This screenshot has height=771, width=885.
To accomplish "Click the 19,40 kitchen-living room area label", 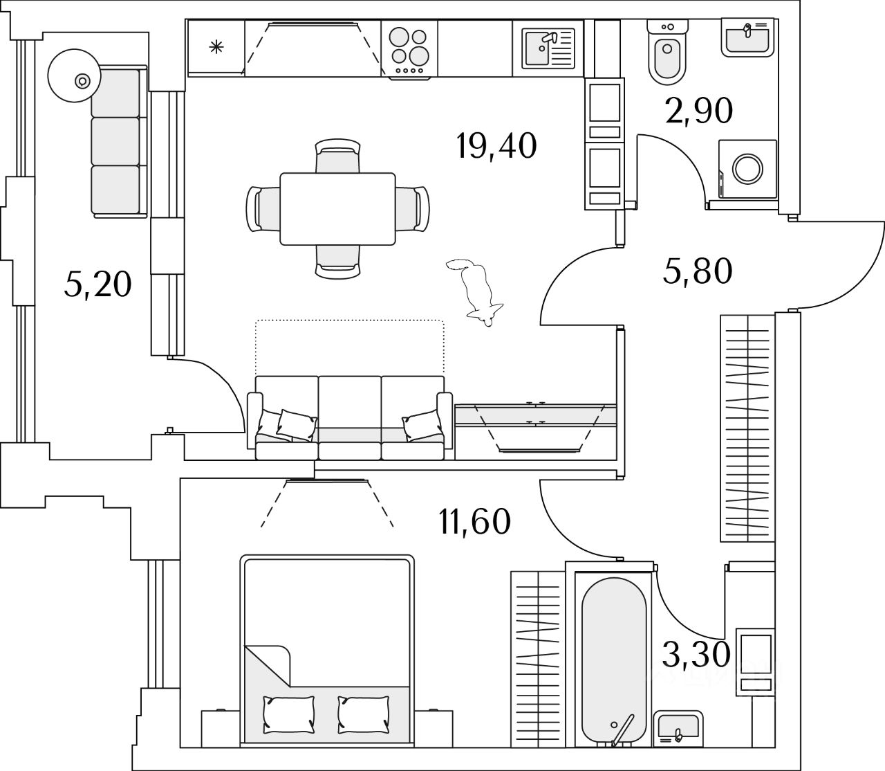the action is (496, 146).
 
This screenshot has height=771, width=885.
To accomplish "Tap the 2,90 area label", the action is (699, 111).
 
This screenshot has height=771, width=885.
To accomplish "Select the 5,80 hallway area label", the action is (697, 271).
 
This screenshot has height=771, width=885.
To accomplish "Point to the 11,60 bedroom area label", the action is (474, 522).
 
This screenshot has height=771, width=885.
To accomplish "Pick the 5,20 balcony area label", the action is (97, 285).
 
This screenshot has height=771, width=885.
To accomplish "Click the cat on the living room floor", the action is (475, 292).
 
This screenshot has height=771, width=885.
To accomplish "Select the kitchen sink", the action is (548, 48).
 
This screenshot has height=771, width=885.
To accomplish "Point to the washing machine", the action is (747, 170).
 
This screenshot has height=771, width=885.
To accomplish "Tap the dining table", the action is (337, 208).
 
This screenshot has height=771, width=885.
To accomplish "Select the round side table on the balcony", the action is (75, 75).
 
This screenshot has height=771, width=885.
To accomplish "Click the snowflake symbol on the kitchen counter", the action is (216, 47).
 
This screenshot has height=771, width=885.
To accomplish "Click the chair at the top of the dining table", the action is (338, 156).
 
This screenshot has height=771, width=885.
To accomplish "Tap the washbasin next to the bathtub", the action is (678, 728).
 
